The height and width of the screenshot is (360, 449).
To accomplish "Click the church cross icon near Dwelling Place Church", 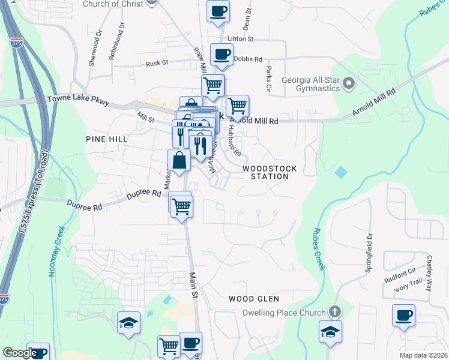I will click(x=335, y=312).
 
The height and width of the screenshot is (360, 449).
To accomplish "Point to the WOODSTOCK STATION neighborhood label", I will click(x=270, y=173).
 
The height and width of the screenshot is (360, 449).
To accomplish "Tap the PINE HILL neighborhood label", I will click(x=107, y=139).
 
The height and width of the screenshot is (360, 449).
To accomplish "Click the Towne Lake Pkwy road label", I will click(x=78, y=100).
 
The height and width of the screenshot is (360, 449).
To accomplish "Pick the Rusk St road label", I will click(x=157, y=62).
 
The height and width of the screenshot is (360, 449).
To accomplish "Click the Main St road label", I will click(x=194, y=285).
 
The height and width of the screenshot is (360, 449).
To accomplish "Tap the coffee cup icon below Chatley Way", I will click(x=403, y=315).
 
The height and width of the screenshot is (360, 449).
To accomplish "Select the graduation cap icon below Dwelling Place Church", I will click(x=330, y=331).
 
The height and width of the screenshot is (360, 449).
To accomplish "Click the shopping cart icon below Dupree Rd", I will click(x=181, y=206).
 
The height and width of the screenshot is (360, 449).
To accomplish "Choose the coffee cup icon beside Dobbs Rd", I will click(x=221, y=54).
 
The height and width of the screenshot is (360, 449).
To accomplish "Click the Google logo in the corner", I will click(x=20, y=353).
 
